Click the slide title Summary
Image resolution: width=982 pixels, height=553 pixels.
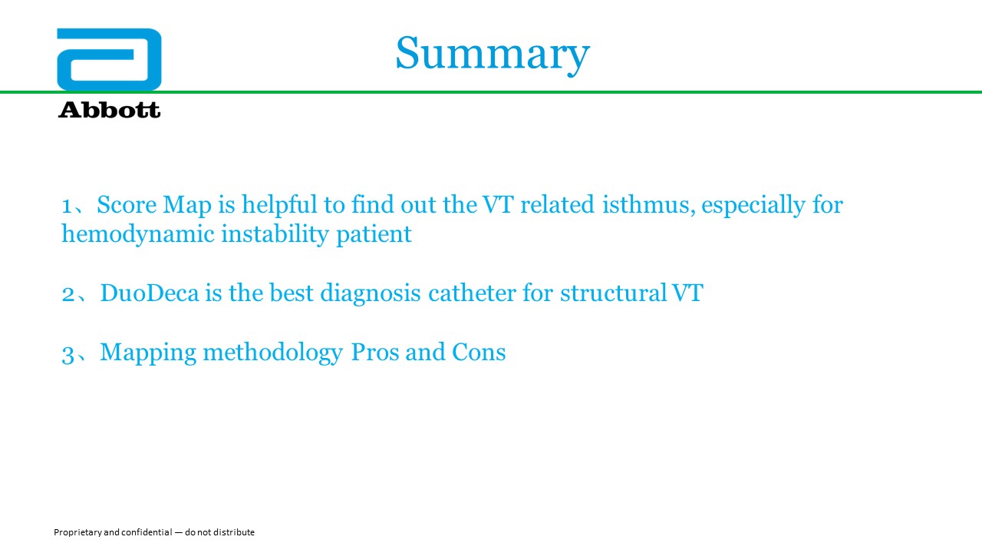pyautogui.click(x=493, y=55)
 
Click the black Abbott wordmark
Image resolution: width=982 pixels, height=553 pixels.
pyautogui.click(x=109, y=110)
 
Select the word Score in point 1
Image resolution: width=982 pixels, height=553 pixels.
pyautogui.click(x=127, y=205)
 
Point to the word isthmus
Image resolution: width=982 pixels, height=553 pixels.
pyautogui.click(x=649, y=205)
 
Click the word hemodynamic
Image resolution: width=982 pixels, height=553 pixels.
pyautogui.click(x=137, y=234)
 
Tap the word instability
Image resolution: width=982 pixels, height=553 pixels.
pyautogui.click(x=275, y=234)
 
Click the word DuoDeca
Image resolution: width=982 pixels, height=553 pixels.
pyautogui.click(x=150, y=293)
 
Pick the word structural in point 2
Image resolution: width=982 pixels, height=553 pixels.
pyautogui.click(x=614, y=293)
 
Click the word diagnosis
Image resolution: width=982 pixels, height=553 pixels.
pyautogui.click(x=371, y=293)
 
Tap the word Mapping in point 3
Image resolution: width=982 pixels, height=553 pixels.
pyautogui.click(x=148, y=353)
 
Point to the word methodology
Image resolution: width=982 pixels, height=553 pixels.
pyautogui.click(x=272, y=353)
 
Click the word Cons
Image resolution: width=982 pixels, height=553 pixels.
pyautogui.click(x=479, y=353)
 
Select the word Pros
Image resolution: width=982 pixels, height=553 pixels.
pyautogui.click(x=375, y=353)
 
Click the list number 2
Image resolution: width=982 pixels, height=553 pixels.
pyautogui.click(x=68, y=294)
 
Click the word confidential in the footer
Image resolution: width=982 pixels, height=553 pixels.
pyautogui.click(x=147, y=532)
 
